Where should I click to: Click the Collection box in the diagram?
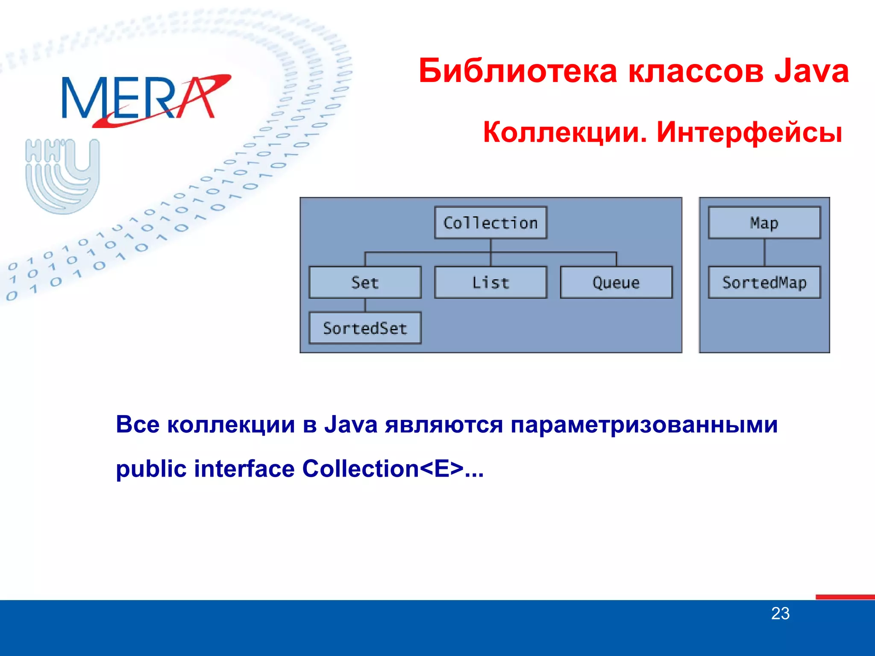(490, 223)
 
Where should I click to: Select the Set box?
(365, 282)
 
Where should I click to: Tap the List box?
(490, 282)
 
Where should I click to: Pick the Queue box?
(616, 282)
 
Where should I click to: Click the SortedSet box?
(365, 328)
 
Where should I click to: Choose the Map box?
(764, 223)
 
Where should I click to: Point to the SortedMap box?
(764, 282)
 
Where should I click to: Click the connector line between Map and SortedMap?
(764, 252)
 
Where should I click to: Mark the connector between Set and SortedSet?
(365, 305)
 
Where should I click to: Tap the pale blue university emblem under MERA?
(62, 175)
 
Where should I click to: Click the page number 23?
(780, 613)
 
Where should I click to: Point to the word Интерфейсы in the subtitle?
(749, 132)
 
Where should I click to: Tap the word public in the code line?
(151, 469)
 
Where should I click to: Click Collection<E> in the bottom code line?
(383, 469)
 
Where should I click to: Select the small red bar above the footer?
(845, 597)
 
